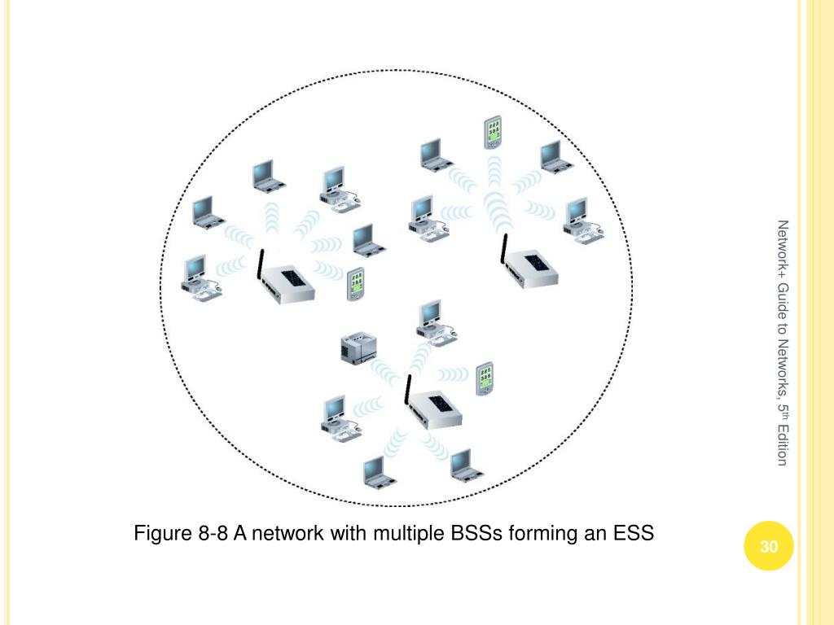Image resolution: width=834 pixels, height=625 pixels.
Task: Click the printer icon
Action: pyautogui.click(x=355, y=348)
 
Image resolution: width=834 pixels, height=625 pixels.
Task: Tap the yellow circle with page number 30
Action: pyautogui.click(x=769, y=547)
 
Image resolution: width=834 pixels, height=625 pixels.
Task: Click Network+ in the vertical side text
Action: pyautogui.click(x=783, y=247)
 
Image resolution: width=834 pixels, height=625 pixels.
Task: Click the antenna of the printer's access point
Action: pyautogui.click(x=406, y=389)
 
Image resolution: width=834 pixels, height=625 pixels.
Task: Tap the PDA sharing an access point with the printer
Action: pyautogui.click(x=485, y=376)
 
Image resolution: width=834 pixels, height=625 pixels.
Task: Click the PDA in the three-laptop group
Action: pyautogui.click(x=354, y=284)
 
